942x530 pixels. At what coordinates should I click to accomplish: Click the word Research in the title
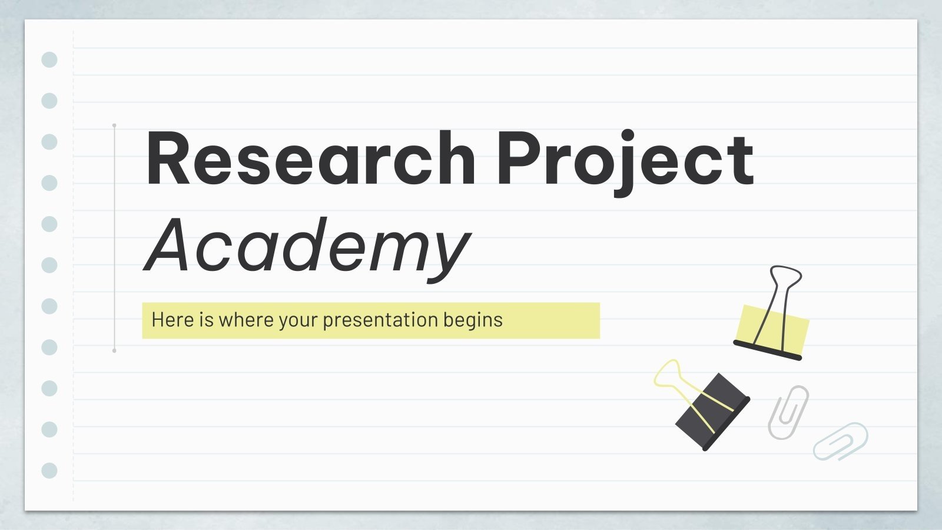coord(310,159)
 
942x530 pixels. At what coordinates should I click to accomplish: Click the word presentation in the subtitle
coord(380,320)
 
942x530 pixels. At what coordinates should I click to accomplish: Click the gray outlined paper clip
coord(788,412)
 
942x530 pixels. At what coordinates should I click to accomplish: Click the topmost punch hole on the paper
coord(49,59)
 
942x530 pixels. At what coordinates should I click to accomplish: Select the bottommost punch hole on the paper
coord(49,471)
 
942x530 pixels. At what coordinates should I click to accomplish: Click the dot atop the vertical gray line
coord(114,125)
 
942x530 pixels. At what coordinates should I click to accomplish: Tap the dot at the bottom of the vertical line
coord(114,350)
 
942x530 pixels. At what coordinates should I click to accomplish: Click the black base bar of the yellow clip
coord(767,350)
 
